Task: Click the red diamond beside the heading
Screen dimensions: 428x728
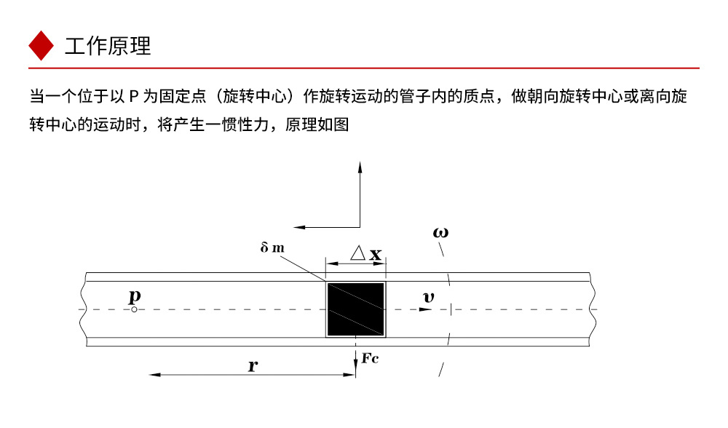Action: point(41,46)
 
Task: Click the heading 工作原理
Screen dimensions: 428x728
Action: point(108,46)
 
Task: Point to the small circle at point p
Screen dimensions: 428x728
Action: point(135,309)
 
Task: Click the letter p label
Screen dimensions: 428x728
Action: point(135,296)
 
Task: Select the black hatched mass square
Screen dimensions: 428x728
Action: point(355,309)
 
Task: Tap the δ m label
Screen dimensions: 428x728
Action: point(272,247)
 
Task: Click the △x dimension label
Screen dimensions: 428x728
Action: point(365,253)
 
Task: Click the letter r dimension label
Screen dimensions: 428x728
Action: point(252,366)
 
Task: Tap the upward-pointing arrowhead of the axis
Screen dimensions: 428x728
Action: point(360,166)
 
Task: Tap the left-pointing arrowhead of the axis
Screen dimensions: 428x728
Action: point(297,226)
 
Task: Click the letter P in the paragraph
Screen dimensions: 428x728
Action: point(134,96)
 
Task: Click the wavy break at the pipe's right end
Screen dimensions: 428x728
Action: point(593,309)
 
